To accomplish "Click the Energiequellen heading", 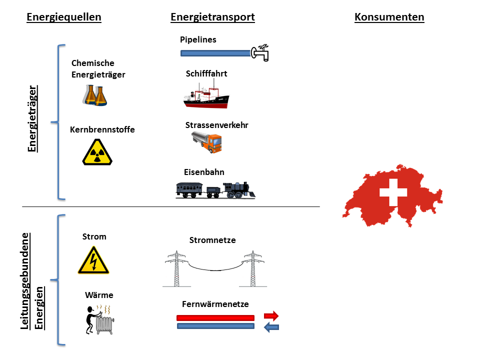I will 63,17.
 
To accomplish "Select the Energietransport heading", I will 212,17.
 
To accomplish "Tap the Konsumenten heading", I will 389,17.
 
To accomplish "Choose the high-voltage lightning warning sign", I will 93,260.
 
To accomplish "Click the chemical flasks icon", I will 95,94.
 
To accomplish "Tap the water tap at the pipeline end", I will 260,52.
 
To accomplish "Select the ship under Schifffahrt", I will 206,97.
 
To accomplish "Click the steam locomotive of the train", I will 239,189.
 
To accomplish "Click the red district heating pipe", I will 215,317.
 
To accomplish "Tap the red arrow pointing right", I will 271,316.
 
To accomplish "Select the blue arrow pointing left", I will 271,327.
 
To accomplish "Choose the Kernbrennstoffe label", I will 102,129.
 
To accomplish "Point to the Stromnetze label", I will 212,240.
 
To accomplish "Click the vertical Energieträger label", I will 33,118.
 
